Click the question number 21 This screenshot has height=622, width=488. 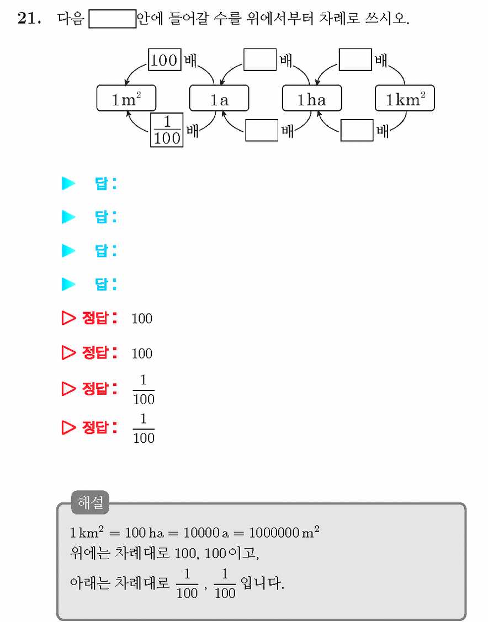pos(29,18)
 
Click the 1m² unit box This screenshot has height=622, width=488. pos(126,98)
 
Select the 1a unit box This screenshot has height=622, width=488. pos(219,98)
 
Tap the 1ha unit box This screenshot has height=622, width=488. pos(312,98)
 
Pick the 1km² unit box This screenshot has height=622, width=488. pos(405,98)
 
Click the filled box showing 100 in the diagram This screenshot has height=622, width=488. pos(165,60)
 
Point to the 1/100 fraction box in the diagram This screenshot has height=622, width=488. pos(167,130)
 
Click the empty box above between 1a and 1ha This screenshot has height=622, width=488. pos(260,60)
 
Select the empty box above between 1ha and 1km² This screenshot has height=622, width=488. pos(356,60)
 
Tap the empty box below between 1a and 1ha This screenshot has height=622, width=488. pos(262,130)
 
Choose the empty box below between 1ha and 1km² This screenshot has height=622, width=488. pos(357,130)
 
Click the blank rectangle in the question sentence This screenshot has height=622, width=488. pos(113,19)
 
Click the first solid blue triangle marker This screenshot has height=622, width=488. pos(68,183)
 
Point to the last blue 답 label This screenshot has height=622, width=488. pos(105,284)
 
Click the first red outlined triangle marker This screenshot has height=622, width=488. pos(68,318)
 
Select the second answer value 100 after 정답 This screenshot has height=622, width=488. pos(142,353)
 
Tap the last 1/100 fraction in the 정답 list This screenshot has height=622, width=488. pos(144,429)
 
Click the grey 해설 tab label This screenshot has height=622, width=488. pos(90,502)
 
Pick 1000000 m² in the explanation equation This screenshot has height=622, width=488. pos(284,532)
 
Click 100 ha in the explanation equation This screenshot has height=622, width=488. pos(144,532)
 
